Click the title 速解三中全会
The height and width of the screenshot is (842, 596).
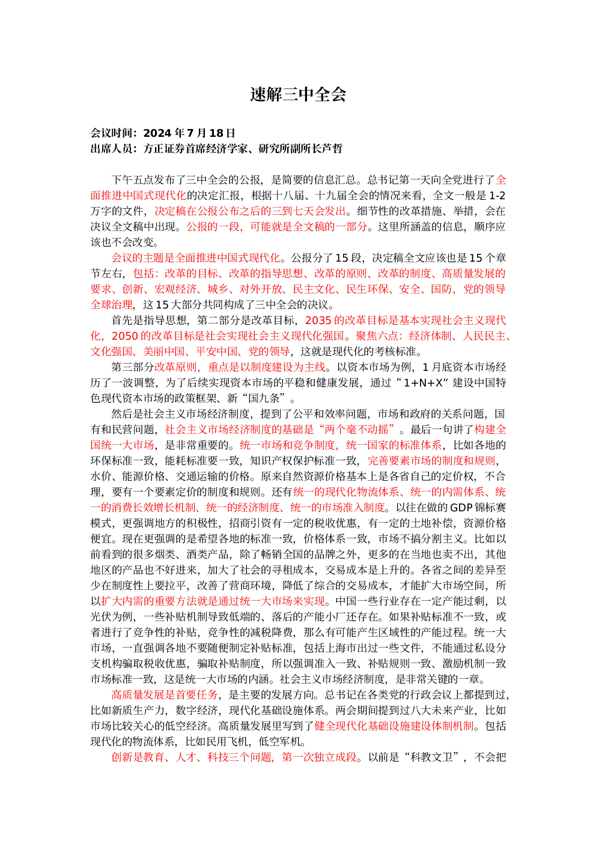[x=297, y=94]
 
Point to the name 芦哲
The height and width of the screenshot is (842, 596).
[x=332, y=149]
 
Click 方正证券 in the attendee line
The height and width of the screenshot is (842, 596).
[x=165, y=149]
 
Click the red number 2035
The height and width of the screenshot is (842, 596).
[x=318, y=320]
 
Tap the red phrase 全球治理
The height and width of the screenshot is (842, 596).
[x=111, y=305]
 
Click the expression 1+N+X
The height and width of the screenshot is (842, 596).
[x=422, y=383]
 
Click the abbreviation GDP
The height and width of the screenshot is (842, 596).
[x=461, y=508]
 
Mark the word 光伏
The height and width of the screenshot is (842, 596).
[x=101, y=617]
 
